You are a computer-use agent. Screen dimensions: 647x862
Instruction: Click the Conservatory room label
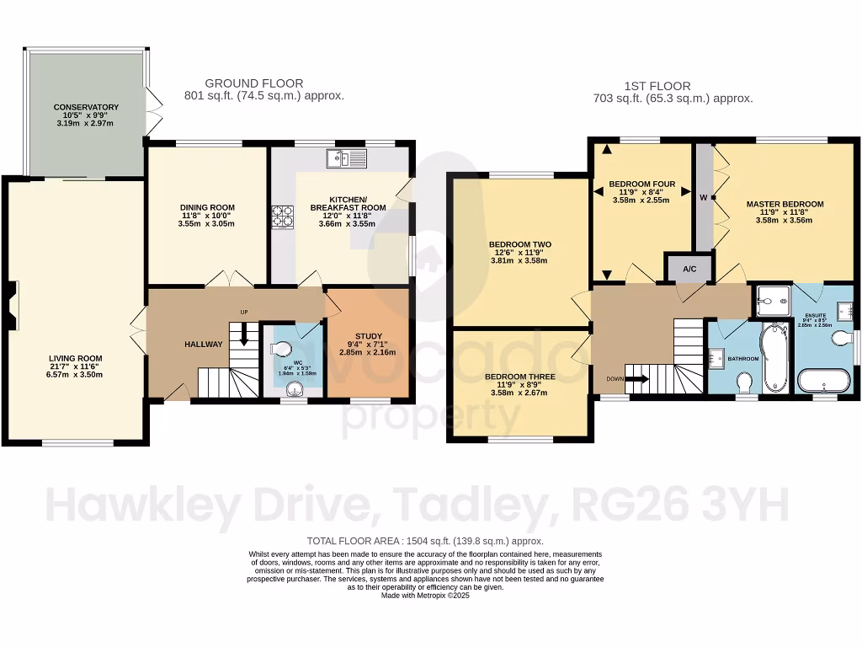[x=86, y=107]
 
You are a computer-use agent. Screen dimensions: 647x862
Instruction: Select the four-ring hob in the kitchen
[x=281, y=217]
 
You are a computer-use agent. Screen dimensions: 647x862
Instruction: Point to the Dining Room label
[x=207, y=207]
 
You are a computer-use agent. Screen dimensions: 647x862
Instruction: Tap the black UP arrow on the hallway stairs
[x=244, y=334]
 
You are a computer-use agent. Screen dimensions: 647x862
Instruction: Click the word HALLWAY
[x=180, y=344]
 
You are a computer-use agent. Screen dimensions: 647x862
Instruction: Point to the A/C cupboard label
[x=689, y=270]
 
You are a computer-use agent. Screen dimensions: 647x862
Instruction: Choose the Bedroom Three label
[x=519, y=377]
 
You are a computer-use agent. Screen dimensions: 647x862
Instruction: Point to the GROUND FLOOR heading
[x=253, y=83]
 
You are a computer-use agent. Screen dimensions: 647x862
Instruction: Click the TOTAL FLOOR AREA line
[x=424, y=541]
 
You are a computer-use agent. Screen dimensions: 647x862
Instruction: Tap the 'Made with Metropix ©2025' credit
[x=424, y=596]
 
